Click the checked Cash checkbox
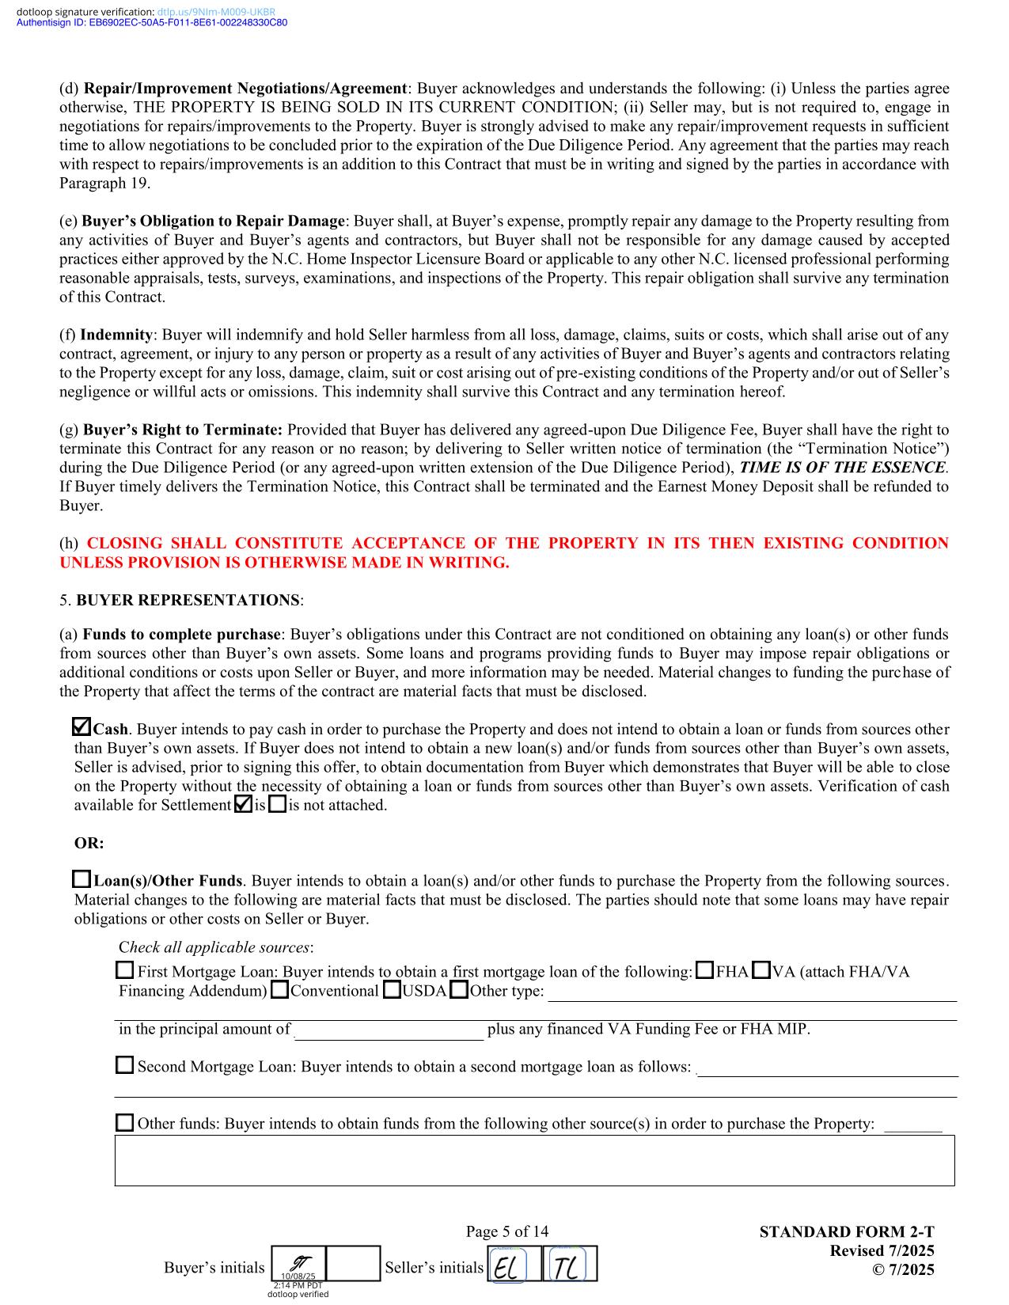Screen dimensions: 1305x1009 point(81,726)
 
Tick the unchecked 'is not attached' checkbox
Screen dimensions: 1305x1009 point(277,805)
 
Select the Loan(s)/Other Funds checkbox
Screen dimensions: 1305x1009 point(82,879)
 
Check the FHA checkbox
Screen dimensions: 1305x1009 point(704,970)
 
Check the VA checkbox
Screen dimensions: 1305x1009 point(761,970)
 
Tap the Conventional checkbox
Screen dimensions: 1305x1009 point(279,990)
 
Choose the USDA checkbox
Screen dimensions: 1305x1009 point(392,990)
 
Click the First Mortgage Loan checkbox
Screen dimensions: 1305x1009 point(125,970)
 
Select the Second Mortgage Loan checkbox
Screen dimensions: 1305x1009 point(125,1065)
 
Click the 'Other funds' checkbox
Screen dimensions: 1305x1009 point(125,1122)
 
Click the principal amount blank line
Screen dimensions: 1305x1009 point(389,1030)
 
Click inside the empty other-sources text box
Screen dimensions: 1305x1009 point(534,1160)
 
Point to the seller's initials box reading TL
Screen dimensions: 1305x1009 point(570,1264)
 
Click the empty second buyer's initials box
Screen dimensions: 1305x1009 point(353,1264)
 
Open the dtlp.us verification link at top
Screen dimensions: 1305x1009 point(216,12)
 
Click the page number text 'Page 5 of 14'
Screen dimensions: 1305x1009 point(506,1231)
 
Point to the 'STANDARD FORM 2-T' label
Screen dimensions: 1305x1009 point(846,1231)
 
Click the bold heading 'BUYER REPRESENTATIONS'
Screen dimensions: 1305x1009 point(188,600)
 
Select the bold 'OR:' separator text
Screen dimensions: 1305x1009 point(89,843)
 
